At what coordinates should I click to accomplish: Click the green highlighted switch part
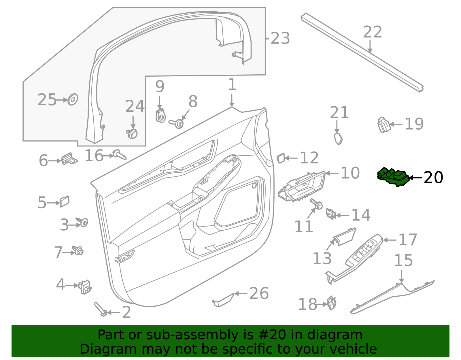click(x=394, y=176)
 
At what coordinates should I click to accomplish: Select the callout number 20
click(x=433, y=178)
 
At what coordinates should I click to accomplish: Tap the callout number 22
click(x=372, y=32)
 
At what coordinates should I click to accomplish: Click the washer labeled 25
click(x=73, y=99)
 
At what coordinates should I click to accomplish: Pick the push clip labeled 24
click(x=132, y=133)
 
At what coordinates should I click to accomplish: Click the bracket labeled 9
click(x=160, y=116)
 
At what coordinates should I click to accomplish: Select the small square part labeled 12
click(x=281, y=158)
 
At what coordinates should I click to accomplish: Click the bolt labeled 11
click(x=317, y=204)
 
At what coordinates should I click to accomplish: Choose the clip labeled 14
click(x=330, y=214)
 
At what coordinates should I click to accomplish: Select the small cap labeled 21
click(x=338, y=139)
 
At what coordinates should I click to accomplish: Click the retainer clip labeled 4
click(x=85, y=287)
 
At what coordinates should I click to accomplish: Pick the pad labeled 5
click(x=64, y=202)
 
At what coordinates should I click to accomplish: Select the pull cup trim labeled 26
click(x=224, y=300)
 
